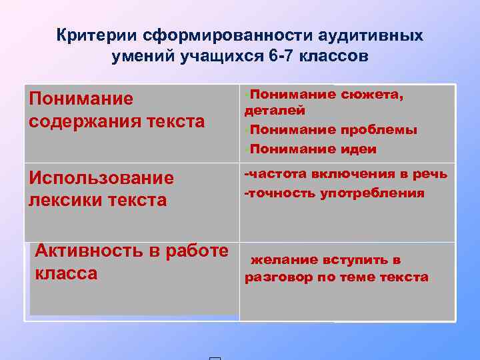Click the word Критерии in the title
point(95,35)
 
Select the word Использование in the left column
point(101,178)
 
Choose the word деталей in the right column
point(275,111)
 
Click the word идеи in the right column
point(359,149)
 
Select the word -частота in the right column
point(276,175)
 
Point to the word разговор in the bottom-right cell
point(278,277)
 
